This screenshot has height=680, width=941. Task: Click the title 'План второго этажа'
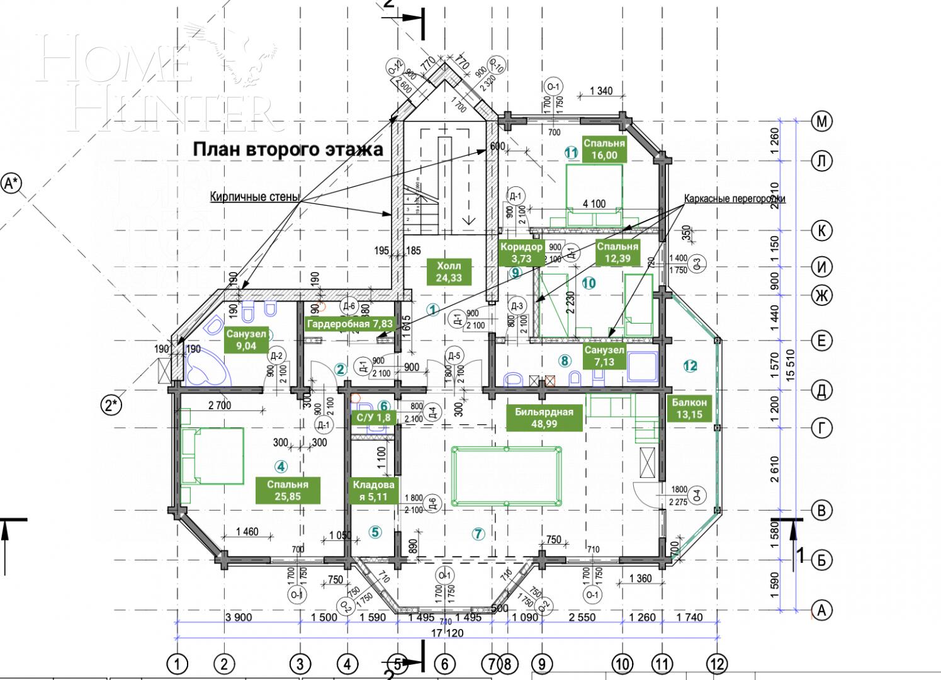pyautogui.click(x=288, y=149)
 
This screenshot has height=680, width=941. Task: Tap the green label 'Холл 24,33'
pyautogui.click(x=449, y=272)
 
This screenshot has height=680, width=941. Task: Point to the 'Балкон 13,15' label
pyautogui.click(x=689, y=408)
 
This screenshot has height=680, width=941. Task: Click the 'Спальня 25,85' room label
pyautogui.click(x=288, y=490)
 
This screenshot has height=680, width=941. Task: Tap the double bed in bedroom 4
pyautogui.click(x=212, y=456)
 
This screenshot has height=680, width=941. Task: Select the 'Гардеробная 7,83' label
pyautogui.click(x=349, y=324)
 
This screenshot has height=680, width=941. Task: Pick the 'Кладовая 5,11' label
pyautogui.click(x=374, y=490)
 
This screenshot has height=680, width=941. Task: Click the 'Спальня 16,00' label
pyautogui.click(x=604, y=149)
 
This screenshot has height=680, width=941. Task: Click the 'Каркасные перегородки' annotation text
pyautogui.click(x=735, y=199)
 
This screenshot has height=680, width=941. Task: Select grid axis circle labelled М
pyautogui.click(x=821, y=122)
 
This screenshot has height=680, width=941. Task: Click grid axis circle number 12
pyautogui.click(x=716, y=663)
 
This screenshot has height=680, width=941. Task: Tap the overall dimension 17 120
pyautogui.click(x=447, y=632)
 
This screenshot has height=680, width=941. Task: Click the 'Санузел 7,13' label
pyautogui.click(x=604, y=356)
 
